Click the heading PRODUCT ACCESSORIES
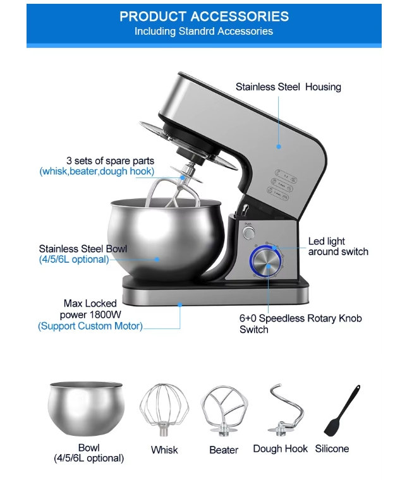coord(204,16)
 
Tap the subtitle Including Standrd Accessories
coord(203,31)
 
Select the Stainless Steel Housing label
coord(288,87)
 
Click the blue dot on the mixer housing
coord(279,147)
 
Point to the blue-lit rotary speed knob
coord(265,261)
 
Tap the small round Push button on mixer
coord(248,233)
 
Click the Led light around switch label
coord(338,246)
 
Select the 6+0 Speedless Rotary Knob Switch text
coord(300,324)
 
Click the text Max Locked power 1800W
coord(90,309)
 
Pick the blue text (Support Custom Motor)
coord(90,326)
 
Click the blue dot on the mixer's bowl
coord(157,260)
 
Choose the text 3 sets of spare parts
coord(110,160)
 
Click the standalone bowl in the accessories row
coord(86,409)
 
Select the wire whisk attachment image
coord(164,409)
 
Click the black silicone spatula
coord(341,411)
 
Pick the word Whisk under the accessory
coord(164,450)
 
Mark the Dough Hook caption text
coord(280,449)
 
